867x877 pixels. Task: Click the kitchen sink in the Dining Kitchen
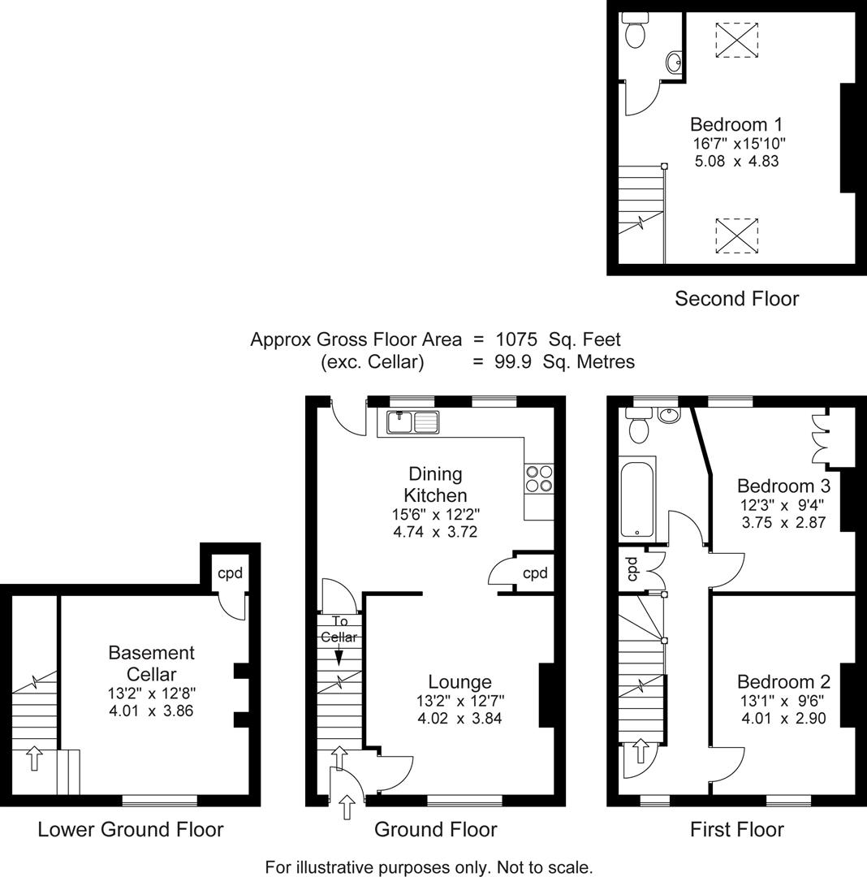[413, 422]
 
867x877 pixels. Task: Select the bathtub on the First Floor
[638, 499]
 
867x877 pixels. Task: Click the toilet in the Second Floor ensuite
[635, 32]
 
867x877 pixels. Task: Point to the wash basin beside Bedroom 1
[673, 62]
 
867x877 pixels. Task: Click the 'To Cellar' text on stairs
[339, 630]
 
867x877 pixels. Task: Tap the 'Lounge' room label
[460, 682]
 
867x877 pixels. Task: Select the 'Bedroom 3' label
[783, 486]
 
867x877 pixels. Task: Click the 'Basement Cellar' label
[152, 663]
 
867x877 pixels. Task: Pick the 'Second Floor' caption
[736, 299]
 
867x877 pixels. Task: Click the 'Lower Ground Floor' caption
[130, 829]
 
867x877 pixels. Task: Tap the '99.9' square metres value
[513, 361]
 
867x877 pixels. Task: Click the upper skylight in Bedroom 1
[737, 39]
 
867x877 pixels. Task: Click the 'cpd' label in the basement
[230, 572]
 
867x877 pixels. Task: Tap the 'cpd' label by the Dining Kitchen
[535, 573]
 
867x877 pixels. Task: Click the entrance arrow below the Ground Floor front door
[347, 806]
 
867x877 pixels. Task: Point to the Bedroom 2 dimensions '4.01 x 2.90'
[783, 718]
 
